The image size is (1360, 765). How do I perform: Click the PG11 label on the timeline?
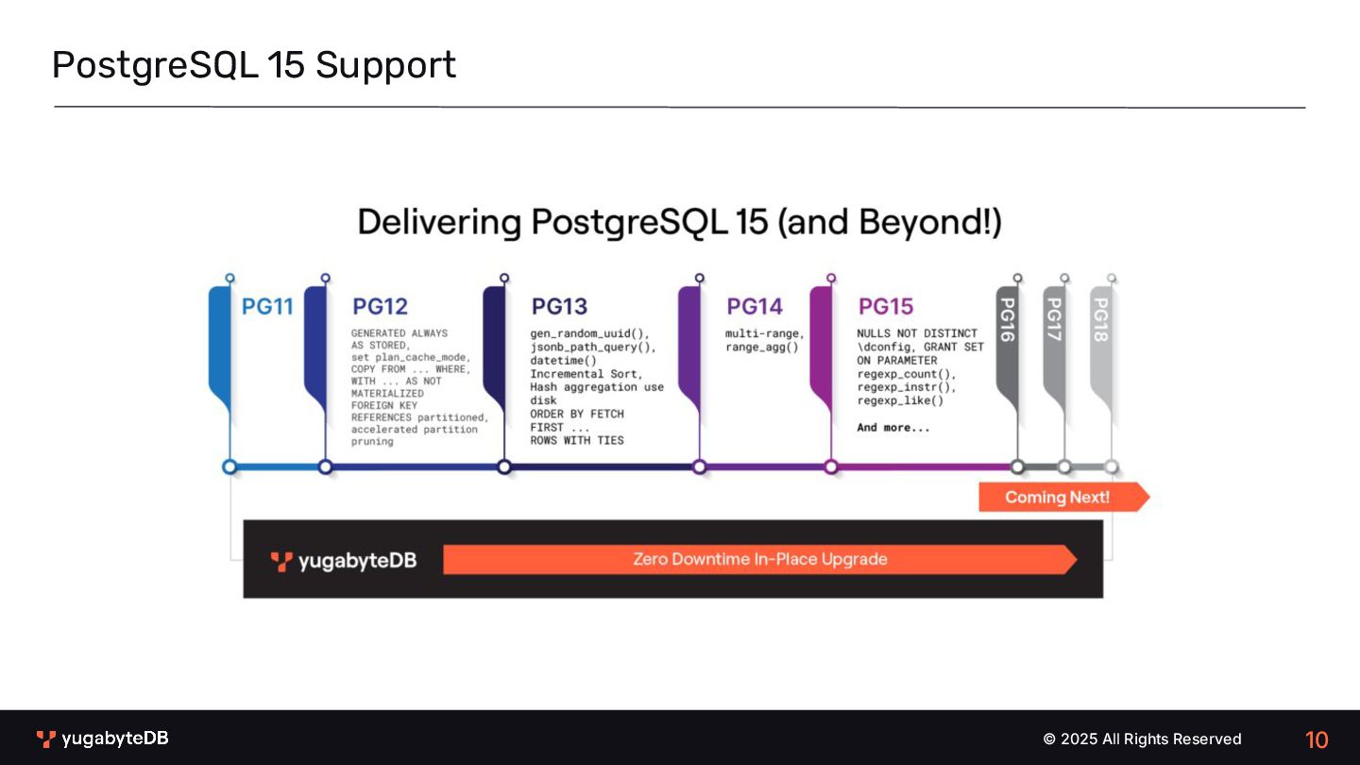tap(267, 307)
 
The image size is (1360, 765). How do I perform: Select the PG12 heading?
tap(380, 307)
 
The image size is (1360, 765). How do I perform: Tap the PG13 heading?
tap(559, 307)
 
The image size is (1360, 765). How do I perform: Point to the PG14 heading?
tap(755, 307)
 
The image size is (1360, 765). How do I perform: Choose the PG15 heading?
tap(886, 307)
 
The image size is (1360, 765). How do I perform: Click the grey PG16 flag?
tap(1007, 340)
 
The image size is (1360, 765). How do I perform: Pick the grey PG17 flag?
tap(1054, 340)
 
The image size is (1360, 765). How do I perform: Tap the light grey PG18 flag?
tap(1100, 340)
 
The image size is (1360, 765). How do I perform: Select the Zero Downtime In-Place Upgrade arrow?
tap(759, 559)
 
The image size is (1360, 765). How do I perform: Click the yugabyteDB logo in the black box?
tap(344, 561)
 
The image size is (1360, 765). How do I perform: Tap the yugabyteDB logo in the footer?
tap(103, 739)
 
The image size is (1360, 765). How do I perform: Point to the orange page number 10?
tap(1317, 739)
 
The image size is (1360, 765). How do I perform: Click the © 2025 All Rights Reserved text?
tap(1142, 739)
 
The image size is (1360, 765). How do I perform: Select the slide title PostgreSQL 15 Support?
tap(254, 65)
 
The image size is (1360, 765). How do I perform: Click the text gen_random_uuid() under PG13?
tap(589, 333)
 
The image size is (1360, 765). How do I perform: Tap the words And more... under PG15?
tap(892, 428)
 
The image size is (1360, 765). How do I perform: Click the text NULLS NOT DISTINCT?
tap(916, 333)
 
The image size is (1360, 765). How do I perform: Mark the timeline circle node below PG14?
tap(699, 467)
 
